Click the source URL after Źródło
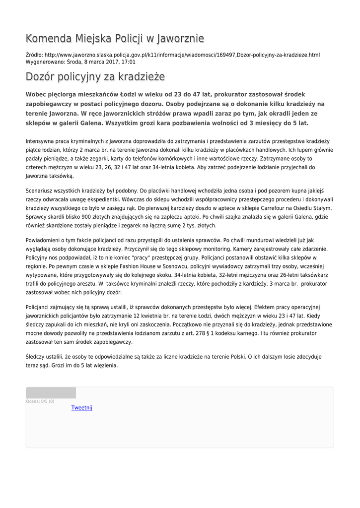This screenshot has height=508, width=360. (182, 55)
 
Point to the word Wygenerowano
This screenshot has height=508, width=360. (45, 62)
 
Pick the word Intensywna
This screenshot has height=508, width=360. (41, 141)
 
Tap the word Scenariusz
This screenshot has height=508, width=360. (42, 190)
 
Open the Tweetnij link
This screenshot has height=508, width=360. (82, 408)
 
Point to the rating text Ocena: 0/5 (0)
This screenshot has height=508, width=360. (40, 401)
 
